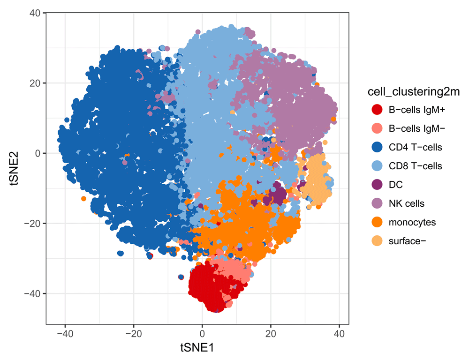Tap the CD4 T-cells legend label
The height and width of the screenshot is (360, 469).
tap(415, 147)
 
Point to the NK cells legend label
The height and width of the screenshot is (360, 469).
tap(406, 203)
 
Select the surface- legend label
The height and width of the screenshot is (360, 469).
tap(407, 241)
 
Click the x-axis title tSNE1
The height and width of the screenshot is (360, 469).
tap(197, 347)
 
